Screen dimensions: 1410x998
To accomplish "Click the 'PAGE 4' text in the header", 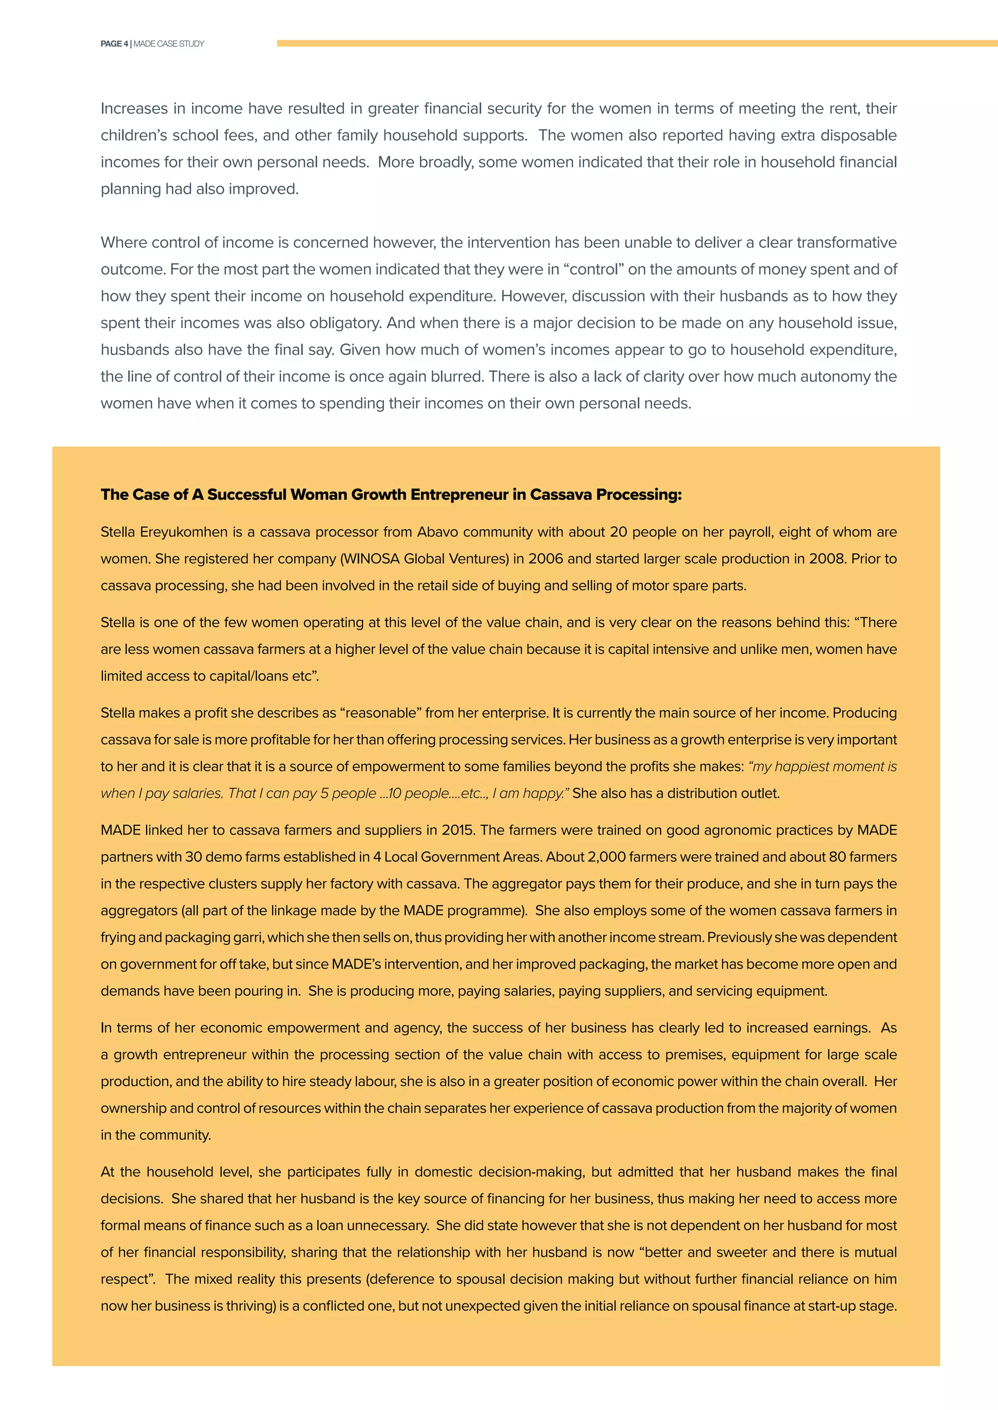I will [x=115, y=44].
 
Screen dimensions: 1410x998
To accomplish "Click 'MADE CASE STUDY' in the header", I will [x=169, y=44].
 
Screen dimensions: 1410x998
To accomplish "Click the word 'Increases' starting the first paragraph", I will [x=134, y=109].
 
